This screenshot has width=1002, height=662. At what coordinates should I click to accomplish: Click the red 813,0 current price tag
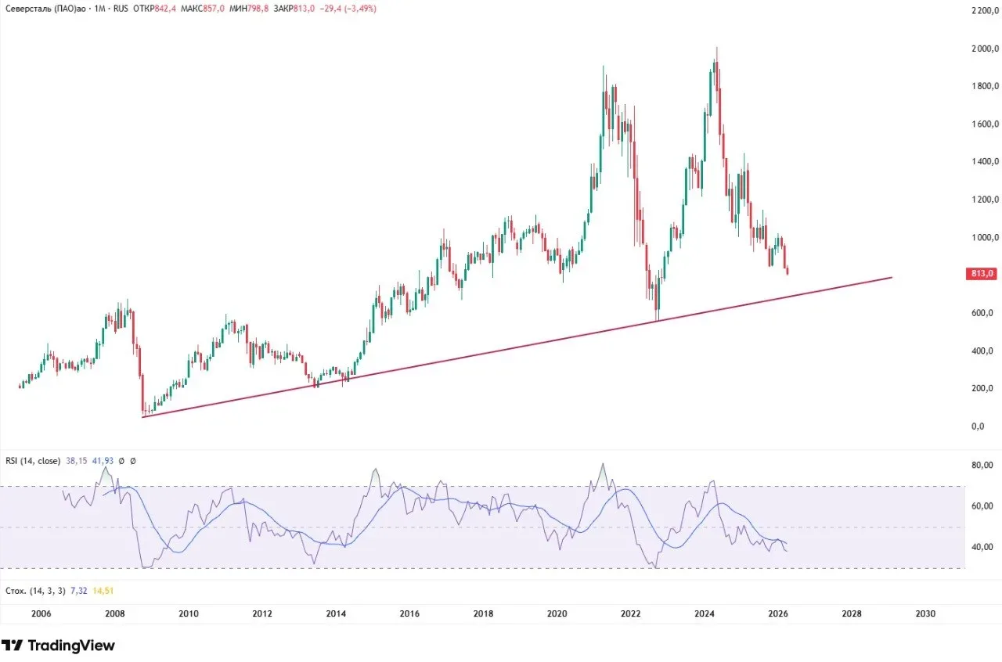[982, 274]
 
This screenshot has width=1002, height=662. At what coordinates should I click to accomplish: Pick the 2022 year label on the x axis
[631, 613]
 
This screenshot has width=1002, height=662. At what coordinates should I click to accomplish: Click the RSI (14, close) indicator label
[32, 462]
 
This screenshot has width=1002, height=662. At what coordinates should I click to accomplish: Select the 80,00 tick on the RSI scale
[982, 466]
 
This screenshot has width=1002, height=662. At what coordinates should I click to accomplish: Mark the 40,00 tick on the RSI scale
[982, 547]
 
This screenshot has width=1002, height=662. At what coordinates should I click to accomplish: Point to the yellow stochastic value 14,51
[104, 591]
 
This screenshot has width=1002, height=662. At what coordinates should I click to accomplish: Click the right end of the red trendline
[892, 278]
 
